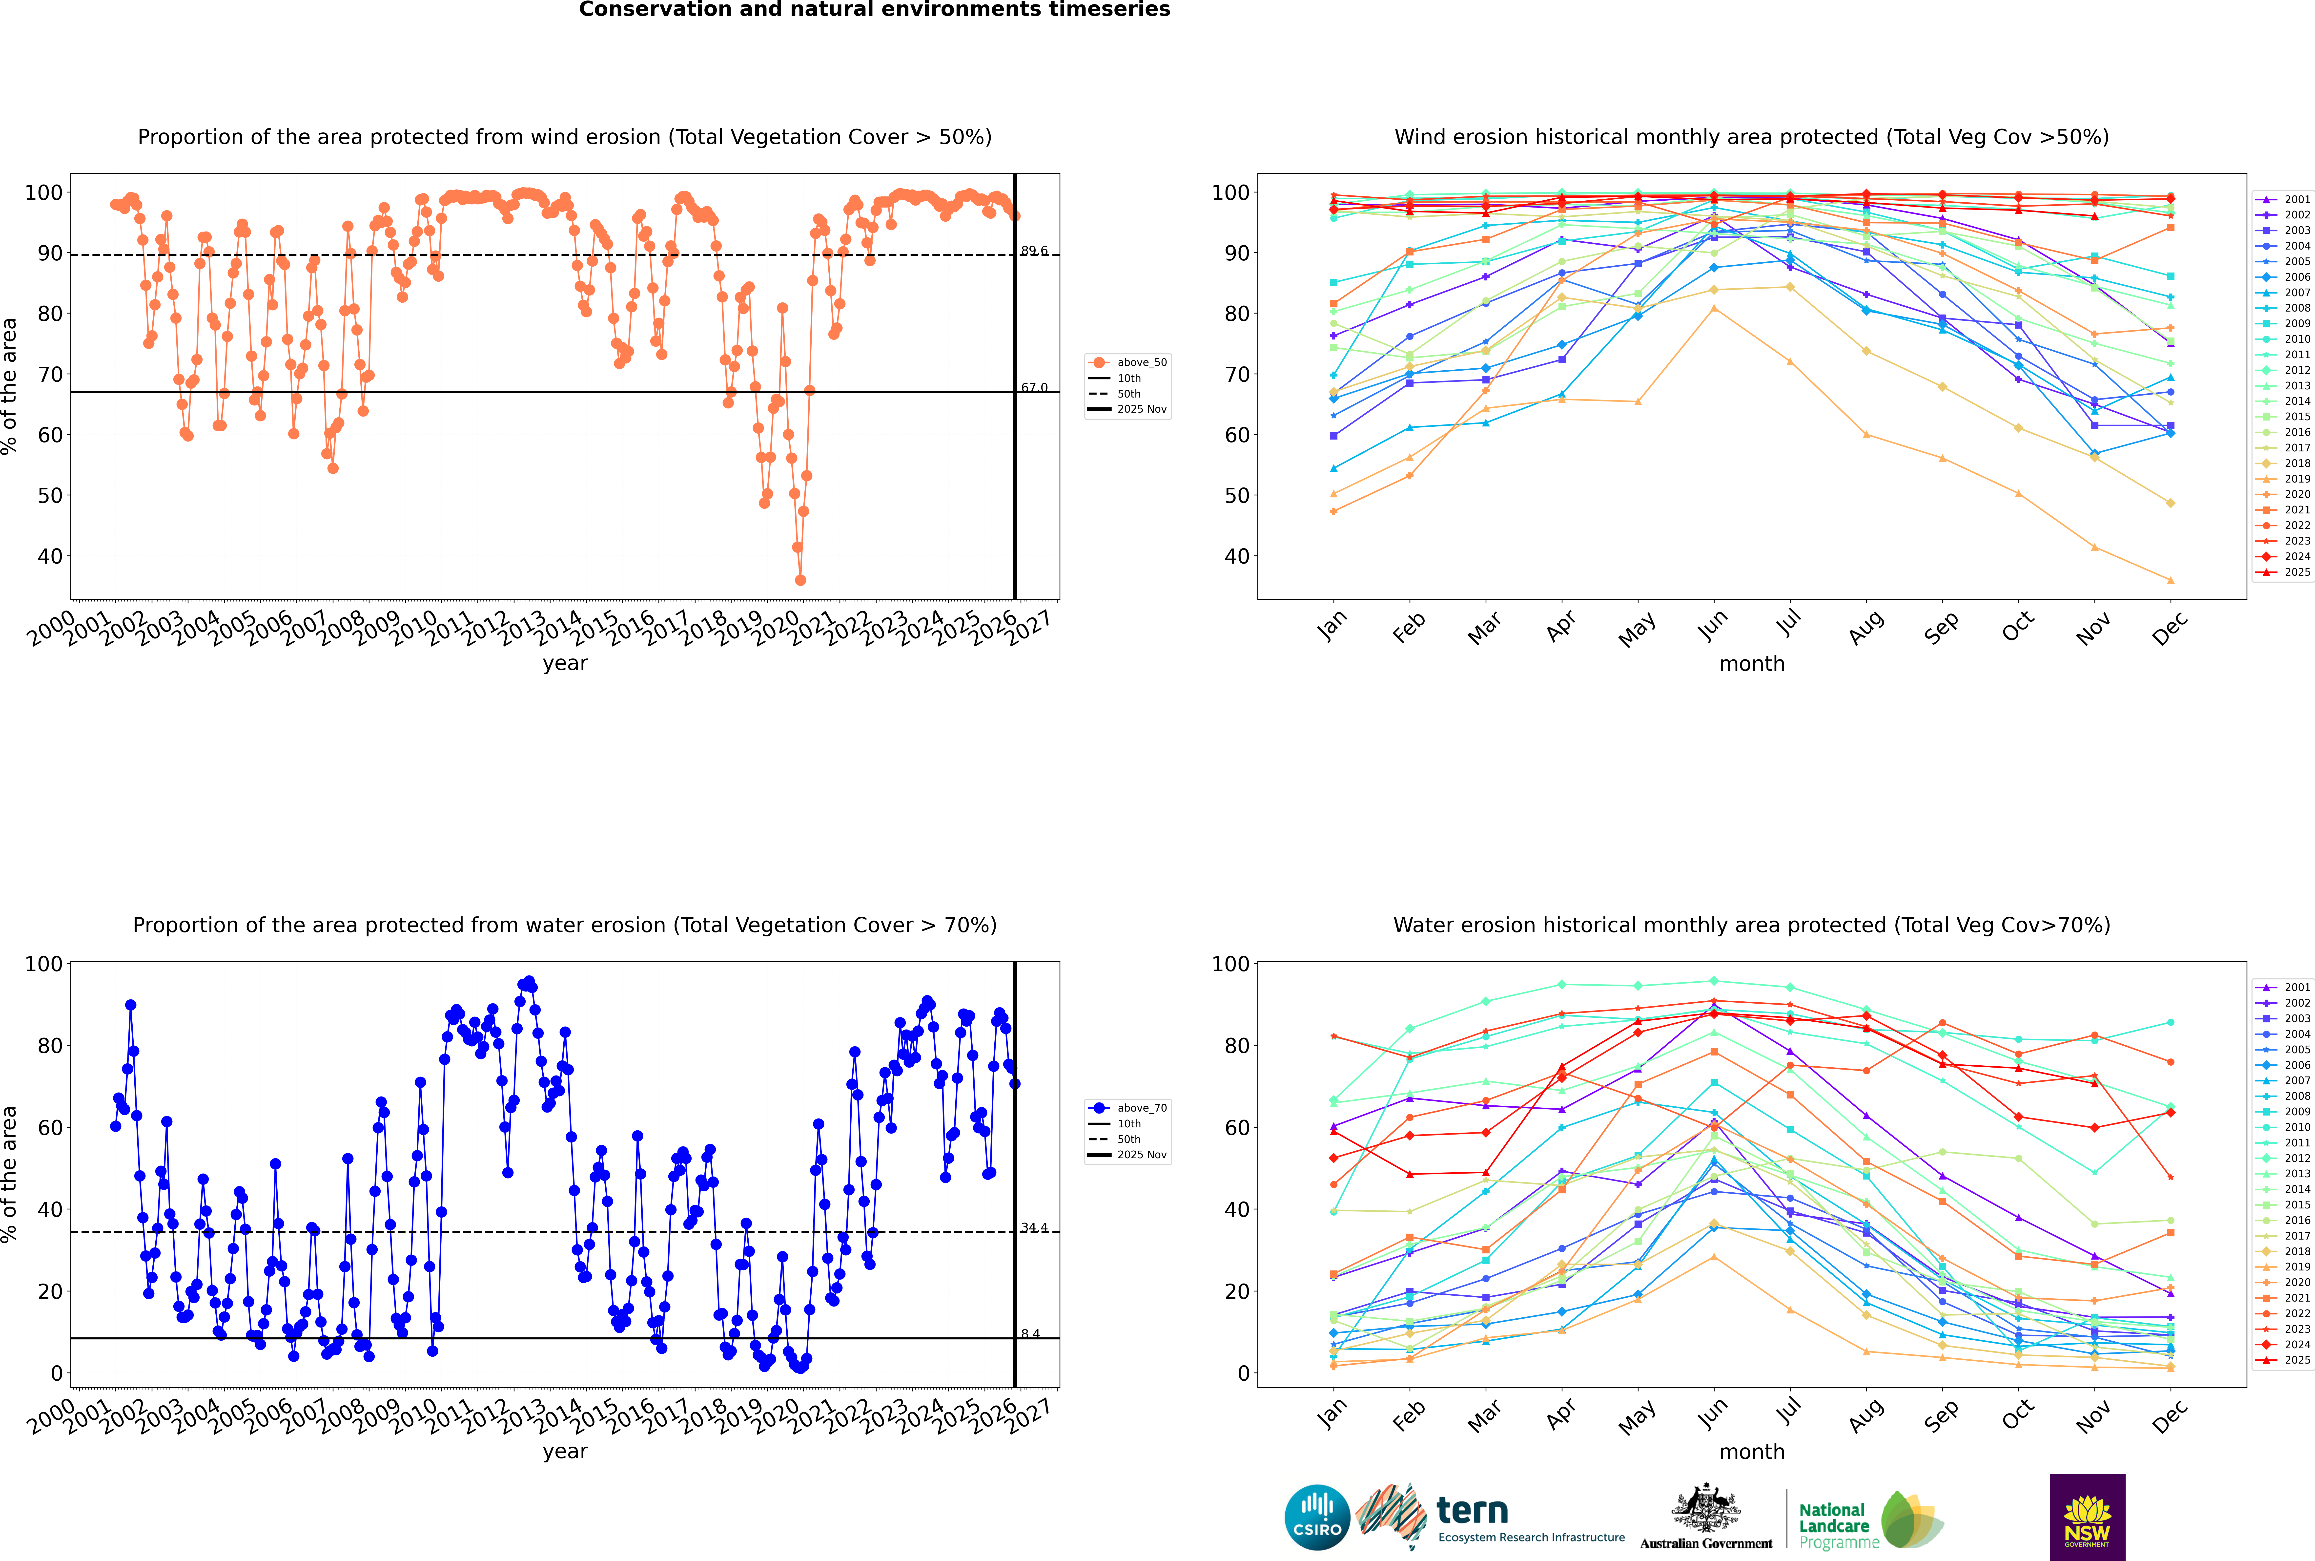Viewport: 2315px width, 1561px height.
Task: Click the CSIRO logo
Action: click(x=1317, y=1517)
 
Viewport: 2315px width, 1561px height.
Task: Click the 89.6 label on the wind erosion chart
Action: click(x=1034, y=251)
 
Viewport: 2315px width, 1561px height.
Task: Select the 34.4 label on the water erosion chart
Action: click(x=1034, y=1227)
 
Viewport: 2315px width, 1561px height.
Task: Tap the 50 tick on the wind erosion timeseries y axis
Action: click(x=50, y=496)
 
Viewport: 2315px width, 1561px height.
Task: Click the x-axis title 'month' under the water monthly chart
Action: click(x=1752, y=1453)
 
